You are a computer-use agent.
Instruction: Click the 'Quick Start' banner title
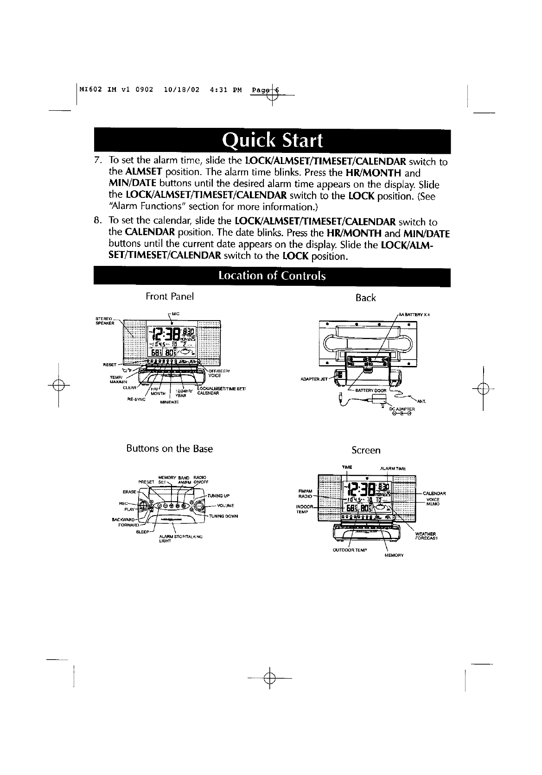click(272, 140)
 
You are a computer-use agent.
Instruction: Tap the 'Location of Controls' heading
click(272, 276)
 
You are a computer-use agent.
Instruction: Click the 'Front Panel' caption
click(169, 296)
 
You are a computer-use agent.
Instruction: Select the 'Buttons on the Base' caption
click(169, 448)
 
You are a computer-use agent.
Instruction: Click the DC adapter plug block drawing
click(381, 404)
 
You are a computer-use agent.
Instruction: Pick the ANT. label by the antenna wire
click(421, 401)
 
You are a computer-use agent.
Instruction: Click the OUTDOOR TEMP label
click(350, 550)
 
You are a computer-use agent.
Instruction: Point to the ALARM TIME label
click(393, 468)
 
